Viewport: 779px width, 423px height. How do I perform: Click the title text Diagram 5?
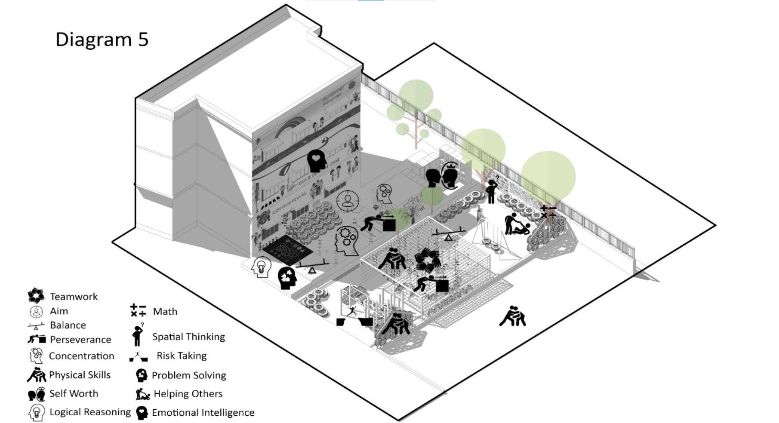[102, 39]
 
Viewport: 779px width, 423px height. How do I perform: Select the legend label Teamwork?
[74, 297]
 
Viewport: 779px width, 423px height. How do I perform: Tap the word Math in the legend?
[165, 312]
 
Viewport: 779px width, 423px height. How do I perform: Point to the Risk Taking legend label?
[181, 356]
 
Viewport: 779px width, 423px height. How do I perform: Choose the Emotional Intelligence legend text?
[203, 413]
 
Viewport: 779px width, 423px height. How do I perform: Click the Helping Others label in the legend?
[188, 394]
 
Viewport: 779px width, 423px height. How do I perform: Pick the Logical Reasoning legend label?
[90, 412]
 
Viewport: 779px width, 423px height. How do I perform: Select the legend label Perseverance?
[80, 340]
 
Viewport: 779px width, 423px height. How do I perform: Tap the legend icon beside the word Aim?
[36, 311]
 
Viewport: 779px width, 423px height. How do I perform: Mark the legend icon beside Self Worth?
[36, 394]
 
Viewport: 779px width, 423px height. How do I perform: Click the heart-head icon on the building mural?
[317, 161]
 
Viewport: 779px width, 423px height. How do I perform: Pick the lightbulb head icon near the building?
[261, 267]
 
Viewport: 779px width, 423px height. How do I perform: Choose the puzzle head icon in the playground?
[287, 278]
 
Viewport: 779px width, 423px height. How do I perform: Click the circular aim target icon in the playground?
[347, 200]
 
